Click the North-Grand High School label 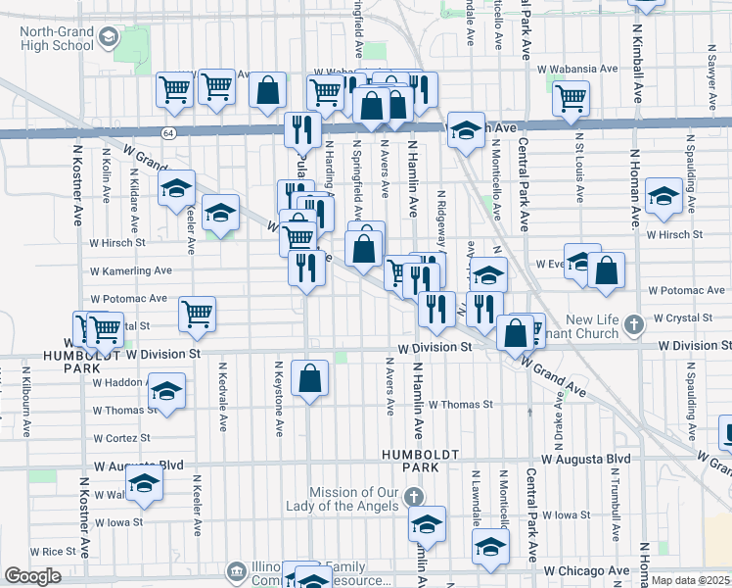point(56,39)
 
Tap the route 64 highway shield point(168,133)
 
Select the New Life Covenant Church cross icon point(633,322)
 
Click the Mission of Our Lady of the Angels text point(353,499)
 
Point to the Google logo point(32,576)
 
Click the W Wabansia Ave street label point(578,70)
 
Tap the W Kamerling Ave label point(130,270)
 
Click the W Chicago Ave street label point(587,570)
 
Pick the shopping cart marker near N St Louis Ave point(570,97)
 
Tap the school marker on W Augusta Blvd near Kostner point(145,484)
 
